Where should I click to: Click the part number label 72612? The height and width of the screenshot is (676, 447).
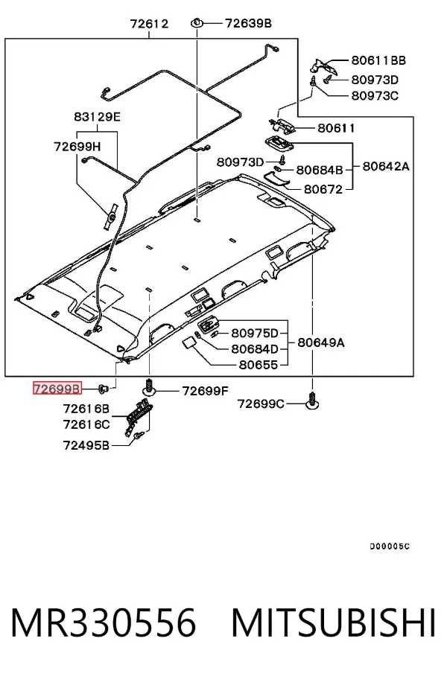tap(149, 24)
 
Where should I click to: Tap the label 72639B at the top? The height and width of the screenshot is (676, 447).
tap(249, 23)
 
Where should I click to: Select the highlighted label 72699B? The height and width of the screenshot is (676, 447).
tap(57, 389)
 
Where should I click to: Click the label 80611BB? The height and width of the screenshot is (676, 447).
tap(378, 60)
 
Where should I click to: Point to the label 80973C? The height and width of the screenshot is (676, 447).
tap(375, 95)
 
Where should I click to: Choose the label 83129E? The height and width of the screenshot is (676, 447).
tap(97, 117)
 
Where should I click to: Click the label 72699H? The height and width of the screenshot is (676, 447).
tap(77, 147)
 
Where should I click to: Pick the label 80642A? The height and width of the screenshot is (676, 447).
tap(386, 166)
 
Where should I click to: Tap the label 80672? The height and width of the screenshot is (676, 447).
tap(323, 189)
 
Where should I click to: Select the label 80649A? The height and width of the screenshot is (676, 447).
tap(321, 342)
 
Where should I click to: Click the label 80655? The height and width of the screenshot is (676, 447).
tap(259, 365)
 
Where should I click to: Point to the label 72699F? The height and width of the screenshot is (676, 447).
tap(206, 391)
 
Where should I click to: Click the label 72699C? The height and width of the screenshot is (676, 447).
tap(261, 404)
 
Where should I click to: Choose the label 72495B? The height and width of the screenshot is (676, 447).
tap(86, 445)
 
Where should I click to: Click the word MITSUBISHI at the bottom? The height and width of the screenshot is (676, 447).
tap(334, 623)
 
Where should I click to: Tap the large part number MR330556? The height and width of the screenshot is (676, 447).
tap(104, 623)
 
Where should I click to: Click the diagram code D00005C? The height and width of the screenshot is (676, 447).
tap(390, 546)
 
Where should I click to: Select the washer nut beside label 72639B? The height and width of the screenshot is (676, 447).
tap(197, 22)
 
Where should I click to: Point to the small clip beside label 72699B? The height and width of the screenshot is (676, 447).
tap(104, 389)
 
